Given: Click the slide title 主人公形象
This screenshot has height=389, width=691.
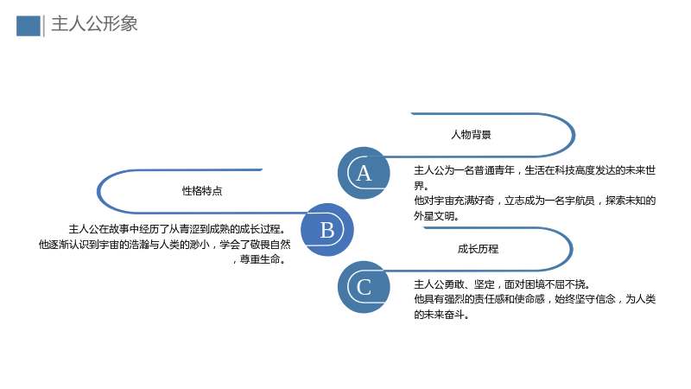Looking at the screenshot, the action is tap(94, 24).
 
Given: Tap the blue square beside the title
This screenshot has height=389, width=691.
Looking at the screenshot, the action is tap(29, 26).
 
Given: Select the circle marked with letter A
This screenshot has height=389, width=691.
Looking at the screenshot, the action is tap(364, 173).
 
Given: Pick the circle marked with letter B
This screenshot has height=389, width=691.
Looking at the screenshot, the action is tap(327, 230).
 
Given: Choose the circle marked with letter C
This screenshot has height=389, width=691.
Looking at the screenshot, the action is tap(364, 287).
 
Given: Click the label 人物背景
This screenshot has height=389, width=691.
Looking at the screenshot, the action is tap(471, 135).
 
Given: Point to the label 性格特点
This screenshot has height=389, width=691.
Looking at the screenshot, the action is tap(202, 191).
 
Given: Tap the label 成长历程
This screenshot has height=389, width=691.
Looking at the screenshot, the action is tap(478, 249).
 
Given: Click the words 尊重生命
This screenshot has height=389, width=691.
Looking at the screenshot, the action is tap(260, 259).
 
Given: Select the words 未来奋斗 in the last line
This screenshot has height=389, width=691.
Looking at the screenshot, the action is tap(444, 315).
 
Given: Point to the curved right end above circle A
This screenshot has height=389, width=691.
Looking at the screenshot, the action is tap(574, 135).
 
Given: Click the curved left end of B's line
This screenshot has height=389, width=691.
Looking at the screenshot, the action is tap(98, 191).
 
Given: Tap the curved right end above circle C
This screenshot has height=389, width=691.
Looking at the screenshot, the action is tap(572, 249).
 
